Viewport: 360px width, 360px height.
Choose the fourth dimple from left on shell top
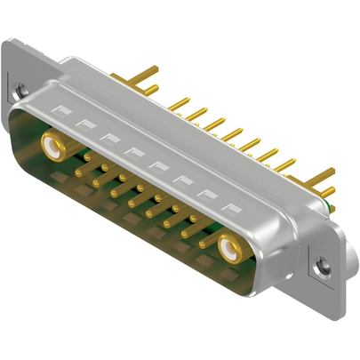tap(134, 151)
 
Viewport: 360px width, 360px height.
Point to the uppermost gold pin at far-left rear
tap(147, 69)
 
